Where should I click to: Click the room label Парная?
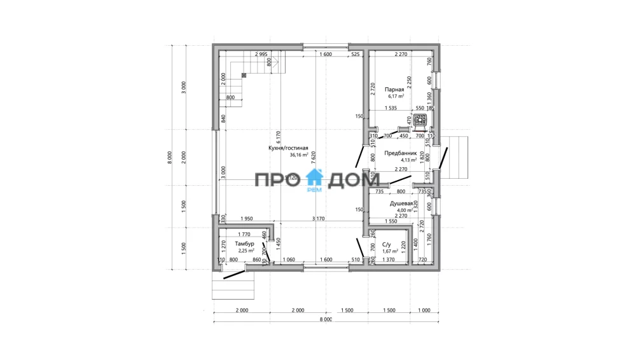394,90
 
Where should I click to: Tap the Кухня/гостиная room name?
288,148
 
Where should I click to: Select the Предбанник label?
400,153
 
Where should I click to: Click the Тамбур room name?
244,244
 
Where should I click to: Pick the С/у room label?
386,244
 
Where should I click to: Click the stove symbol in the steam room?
419,119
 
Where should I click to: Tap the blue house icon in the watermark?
316,178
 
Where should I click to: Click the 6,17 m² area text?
396,97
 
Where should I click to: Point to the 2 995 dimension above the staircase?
260,55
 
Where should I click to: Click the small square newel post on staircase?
244,74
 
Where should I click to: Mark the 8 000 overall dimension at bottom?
326,320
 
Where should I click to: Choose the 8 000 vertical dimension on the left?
170,156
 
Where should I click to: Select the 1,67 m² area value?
389,251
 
